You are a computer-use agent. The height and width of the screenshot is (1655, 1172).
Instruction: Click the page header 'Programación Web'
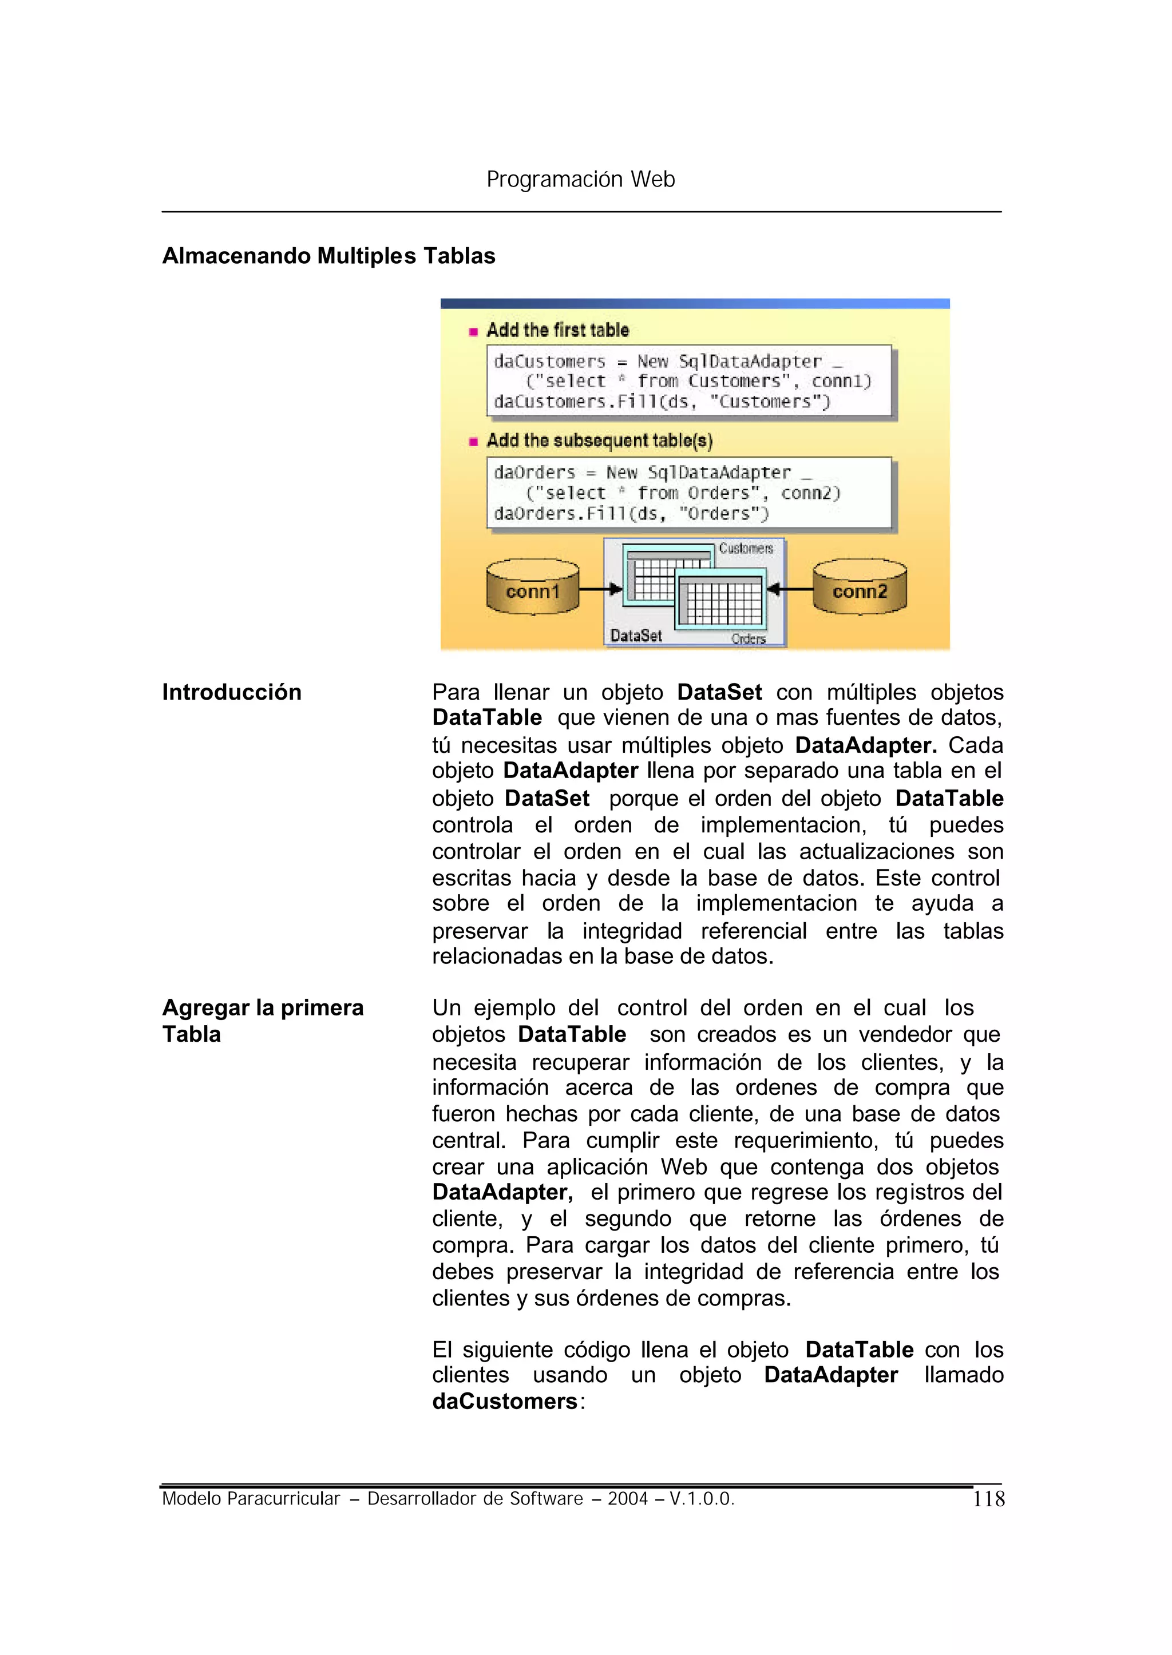580,179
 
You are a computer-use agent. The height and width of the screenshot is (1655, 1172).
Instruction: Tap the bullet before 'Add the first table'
473,332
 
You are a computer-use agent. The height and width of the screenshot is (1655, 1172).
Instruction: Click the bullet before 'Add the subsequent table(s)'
473,442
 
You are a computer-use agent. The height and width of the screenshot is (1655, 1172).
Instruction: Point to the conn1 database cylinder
533,588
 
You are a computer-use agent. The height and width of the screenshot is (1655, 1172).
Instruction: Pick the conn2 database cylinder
859,588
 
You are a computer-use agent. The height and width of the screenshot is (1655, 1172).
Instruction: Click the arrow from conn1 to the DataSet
600,589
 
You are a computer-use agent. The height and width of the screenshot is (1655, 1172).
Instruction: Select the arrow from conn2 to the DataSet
790,589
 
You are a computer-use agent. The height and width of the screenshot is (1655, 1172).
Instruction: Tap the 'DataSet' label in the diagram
635,636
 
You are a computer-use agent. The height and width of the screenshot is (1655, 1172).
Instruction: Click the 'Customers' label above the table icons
746,548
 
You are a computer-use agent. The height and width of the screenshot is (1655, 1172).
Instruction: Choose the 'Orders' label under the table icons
749,639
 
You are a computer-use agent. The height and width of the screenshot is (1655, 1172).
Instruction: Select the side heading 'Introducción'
232,692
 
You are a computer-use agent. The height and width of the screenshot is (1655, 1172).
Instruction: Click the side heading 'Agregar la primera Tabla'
263,1020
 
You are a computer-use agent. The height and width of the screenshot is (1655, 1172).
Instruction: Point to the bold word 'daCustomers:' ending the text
508,1401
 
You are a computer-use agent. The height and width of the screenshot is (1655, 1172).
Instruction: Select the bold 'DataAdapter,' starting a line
502,1192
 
